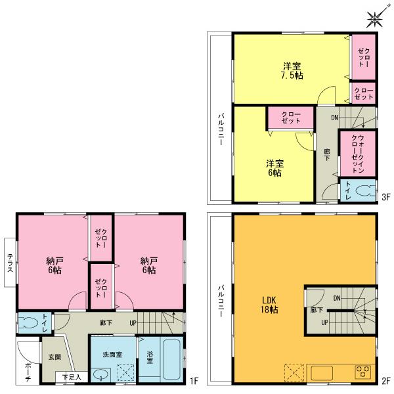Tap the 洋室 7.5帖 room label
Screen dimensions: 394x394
[293, 71]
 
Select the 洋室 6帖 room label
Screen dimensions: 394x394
[274, 167]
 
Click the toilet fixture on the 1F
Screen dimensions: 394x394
[28, 324]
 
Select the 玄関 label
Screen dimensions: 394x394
[55, 357]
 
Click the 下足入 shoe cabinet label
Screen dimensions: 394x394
[72, 378]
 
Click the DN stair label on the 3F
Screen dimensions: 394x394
[334, 118]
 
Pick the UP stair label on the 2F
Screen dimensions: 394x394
[324, 322]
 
